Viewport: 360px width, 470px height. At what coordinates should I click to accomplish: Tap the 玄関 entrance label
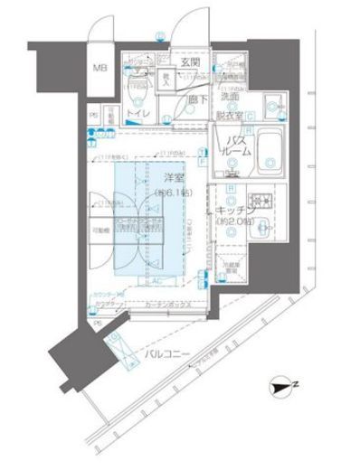pos(189,62)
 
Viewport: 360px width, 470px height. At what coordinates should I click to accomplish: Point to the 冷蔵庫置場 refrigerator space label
pos(232,267)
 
